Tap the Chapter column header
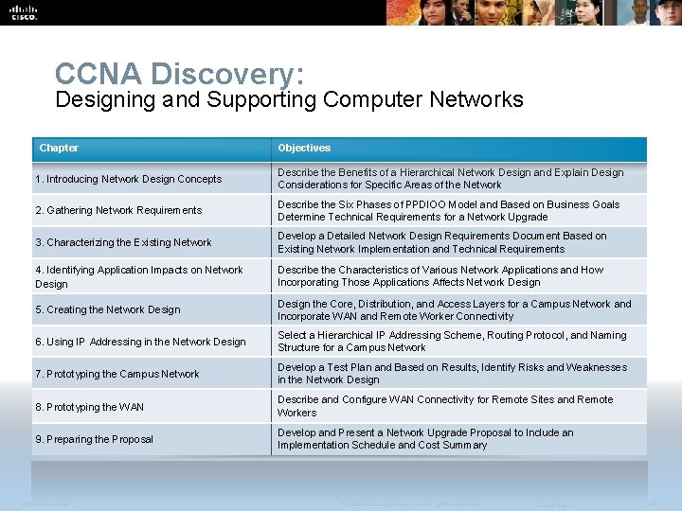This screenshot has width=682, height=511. point(59,148)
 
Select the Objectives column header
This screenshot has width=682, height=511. point(304,148)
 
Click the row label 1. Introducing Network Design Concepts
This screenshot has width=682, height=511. point(128,179)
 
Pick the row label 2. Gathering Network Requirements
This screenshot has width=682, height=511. point(118,210)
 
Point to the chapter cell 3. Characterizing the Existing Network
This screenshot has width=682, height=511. point(123,242)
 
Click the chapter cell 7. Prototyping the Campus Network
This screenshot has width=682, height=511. point(117,374)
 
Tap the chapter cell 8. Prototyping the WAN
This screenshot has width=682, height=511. point(89,407)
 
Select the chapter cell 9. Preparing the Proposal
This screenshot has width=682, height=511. point(94,439)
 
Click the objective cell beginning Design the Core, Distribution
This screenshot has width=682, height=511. point(454,309)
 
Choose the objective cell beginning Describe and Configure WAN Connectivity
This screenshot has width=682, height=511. point(445,405)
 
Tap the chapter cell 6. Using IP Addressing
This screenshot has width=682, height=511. point(140,342)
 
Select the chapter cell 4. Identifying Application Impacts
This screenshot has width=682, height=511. point(138,276)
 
